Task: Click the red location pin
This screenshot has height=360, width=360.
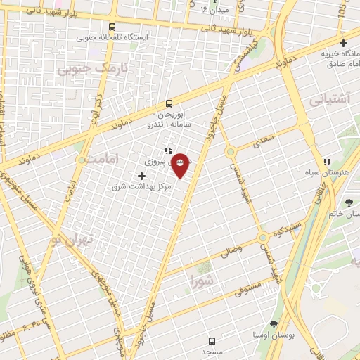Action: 181,164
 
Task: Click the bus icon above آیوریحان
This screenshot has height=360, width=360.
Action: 168,103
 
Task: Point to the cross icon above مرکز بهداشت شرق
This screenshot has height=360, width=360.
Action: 143,175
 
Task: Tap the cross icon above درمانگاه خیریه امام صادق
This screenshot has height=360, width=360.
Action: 343,43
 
